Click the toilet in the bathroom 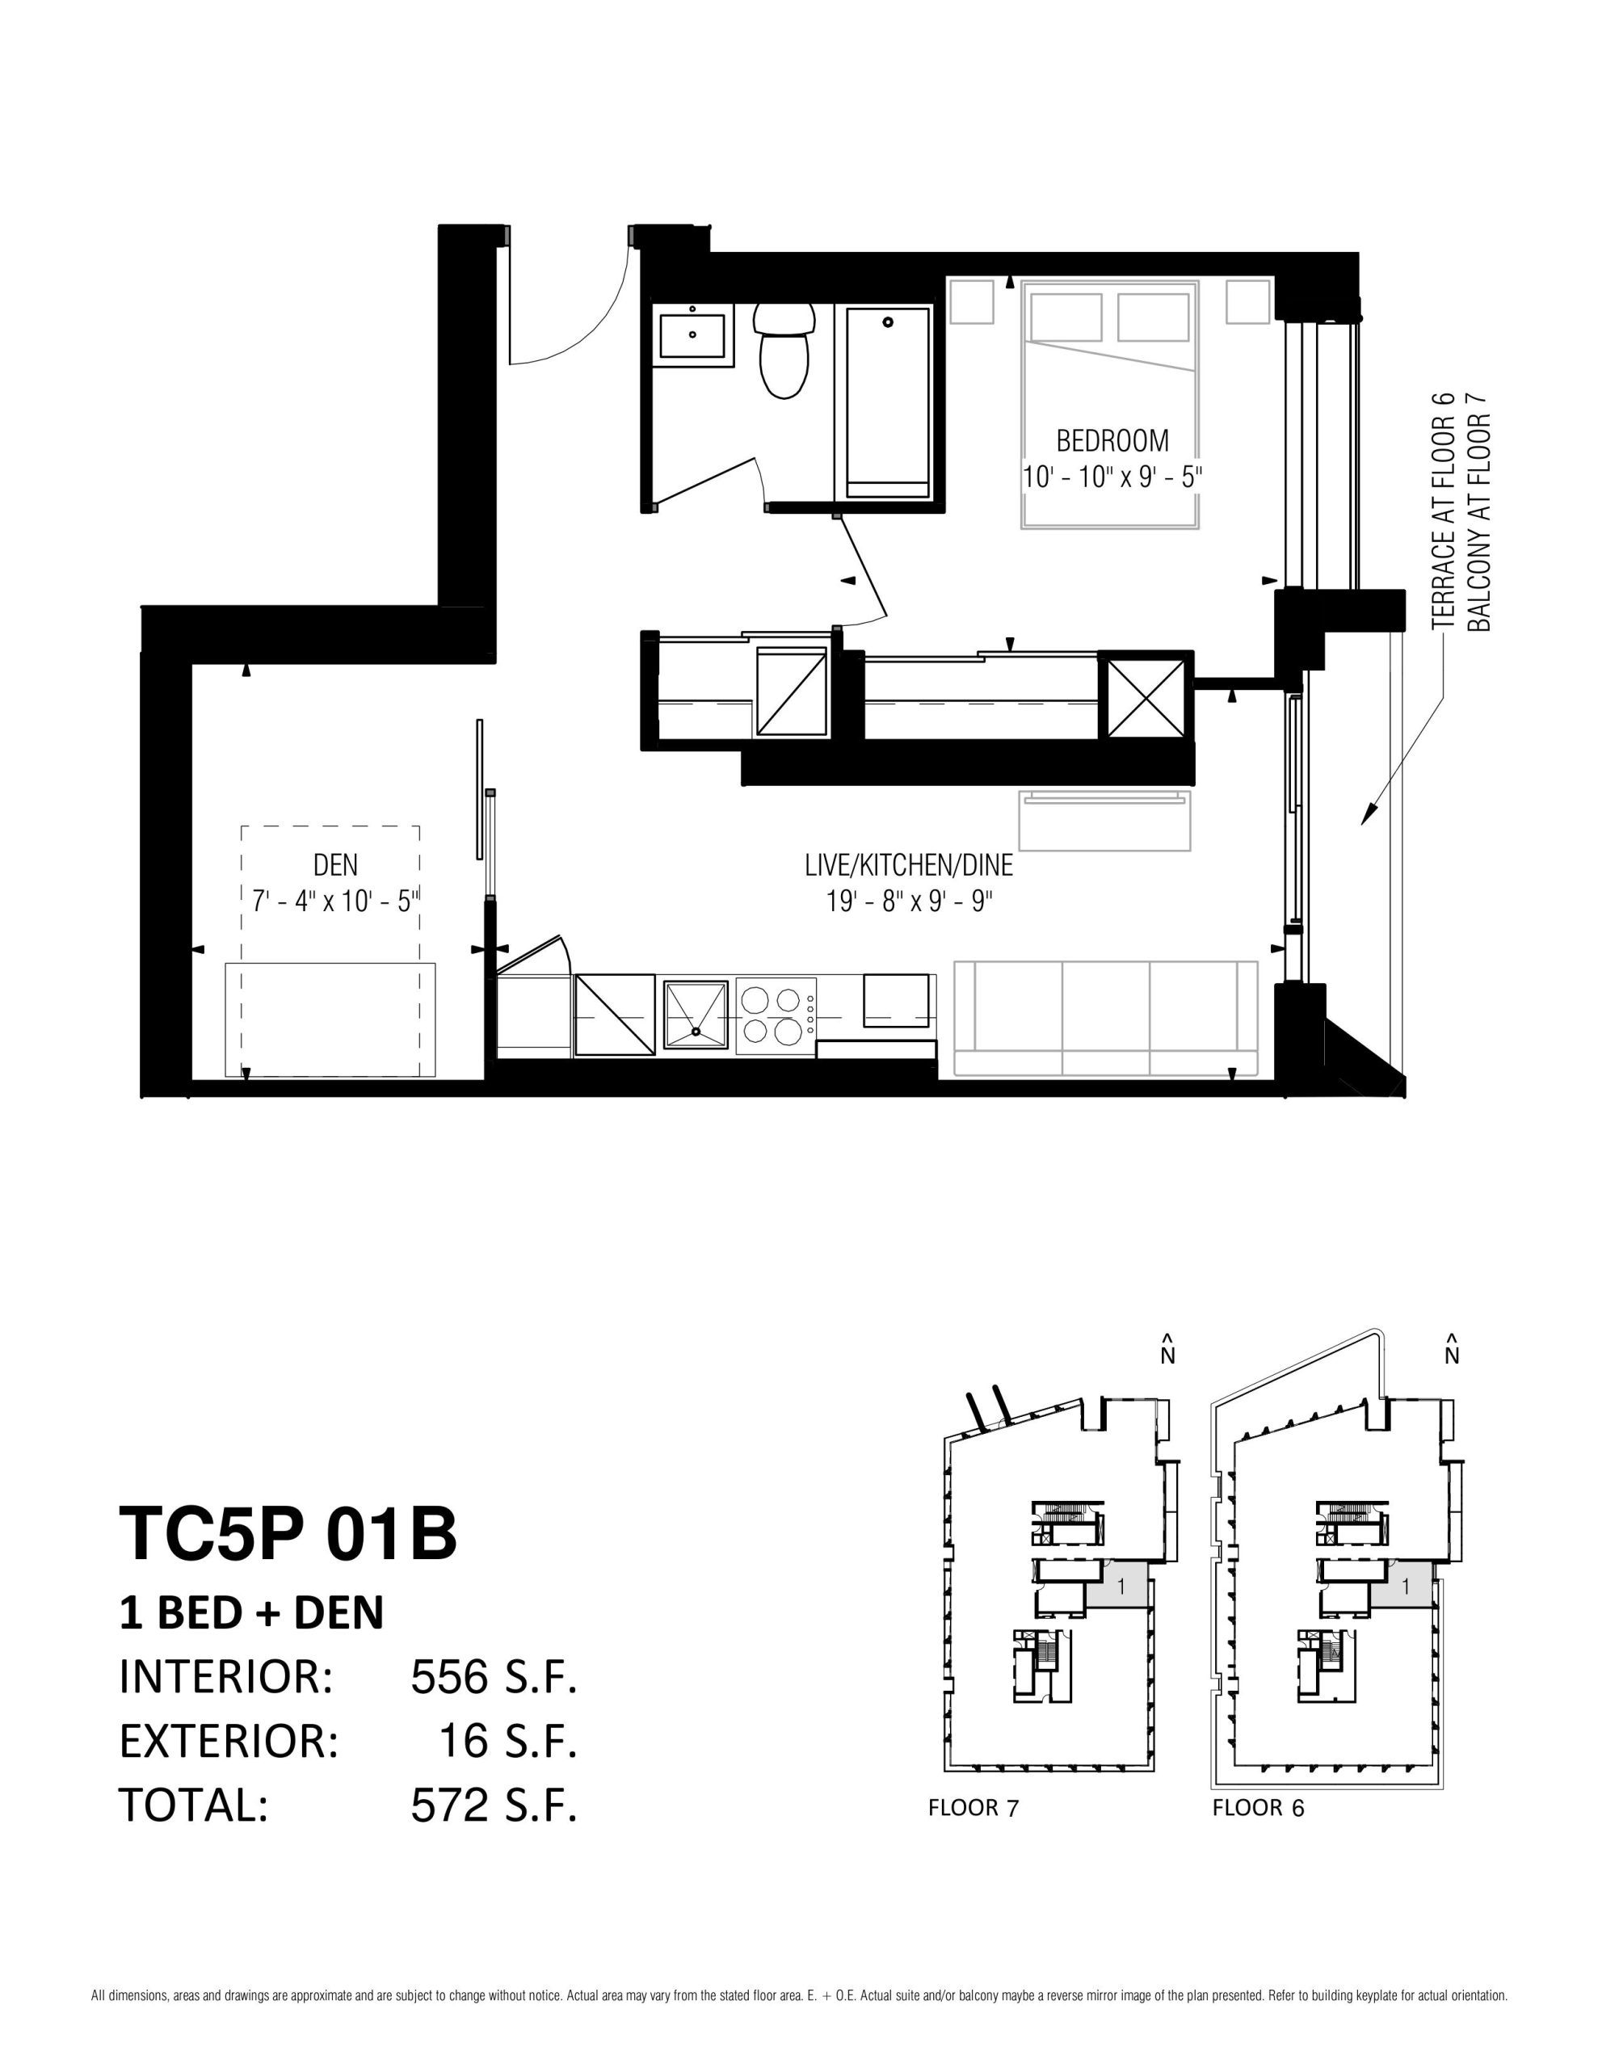tap(784, 351)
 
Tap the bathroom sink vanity tap(692, 335)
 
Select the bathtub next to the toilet tap(888, 401)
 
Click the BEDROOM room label tap(1112, 440)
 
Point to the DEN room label tap(335, 864)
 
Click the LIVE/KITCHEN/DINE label tap(908, 864)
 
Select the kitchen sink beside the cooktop tap(696, 1016)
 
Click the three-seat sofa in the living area tap(1104, 1019)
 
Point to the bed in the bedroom tap(1109, 405)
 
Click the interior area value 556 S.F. tap(494, 1677)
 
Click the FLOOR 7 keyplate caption tap(973, 1808)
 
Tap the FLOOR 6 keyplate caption tap(1258, 1808)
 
